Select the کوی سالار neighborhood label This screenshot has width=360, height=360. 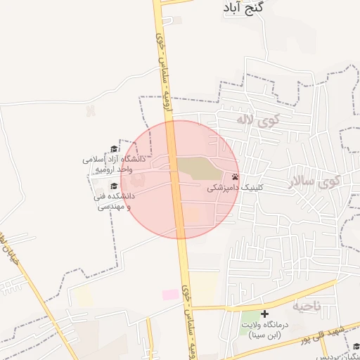(313, 182)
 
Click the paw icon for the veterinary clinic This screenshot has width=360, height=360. (235, 177)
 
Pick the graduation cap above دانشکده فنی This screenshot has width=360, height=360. (114, 186)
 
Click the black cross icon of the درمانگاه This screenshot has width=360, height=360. (264, 314)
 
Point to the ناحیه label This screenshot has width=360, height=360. (307, 306)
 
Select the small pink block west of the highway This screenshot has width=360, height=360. (170, 295)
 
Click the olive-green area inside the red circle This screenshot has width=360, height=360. (197, 168)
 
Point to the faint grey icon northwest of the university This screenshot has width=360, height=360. (90, 110)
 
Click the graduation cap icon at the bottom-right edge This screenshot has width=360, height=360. (356, 346)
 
